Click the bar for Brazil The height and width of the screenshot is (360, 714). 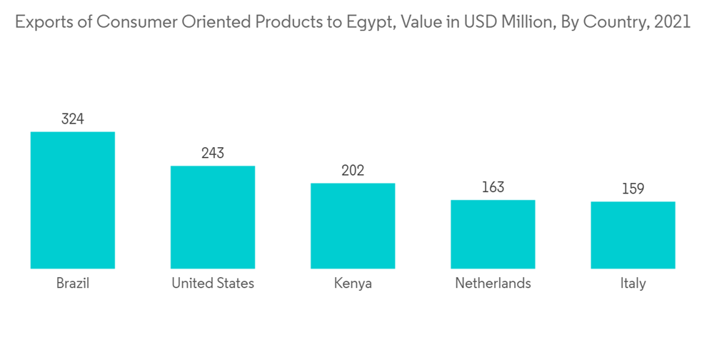click(x=73, y=200)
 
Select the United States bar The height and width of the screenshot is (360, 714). click(x=213, y=217)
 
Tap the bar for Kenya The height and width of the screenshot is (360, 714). click(x=353, y=226)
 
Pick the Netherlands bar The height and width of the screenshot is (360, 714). click(x=493, y=234)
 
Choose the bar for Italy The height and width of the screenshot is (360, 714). click(x=633, y=235)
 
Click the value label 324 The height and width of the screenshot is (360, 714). click(x=73, y=119)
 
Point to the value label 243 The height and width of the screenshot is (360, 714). click(x=213, y=154)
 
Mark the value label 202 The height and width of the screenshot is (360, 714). click(x=353, y=171)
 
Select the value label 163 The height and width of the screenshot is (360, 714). click(x=493, y=187)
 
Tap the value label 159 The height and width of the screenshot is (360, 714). click(x=633, y=189)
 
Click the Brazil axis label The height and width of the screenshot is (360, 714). click(x=73, y=284)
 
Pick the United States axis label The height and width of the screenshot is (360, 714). click(x=213, y=284)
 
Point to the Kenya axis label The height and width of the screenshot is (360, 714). click(x=353, y=284)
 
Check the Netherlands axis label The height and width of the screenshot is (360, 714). click(x=493, y=284)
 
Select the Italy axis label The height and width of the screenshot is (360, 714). click(x=633, y=284)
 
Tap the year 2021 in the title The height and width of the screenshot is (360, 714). click(x=672, y=22)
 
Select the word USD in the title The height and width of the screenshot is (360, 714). click(x=481, y=22)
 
